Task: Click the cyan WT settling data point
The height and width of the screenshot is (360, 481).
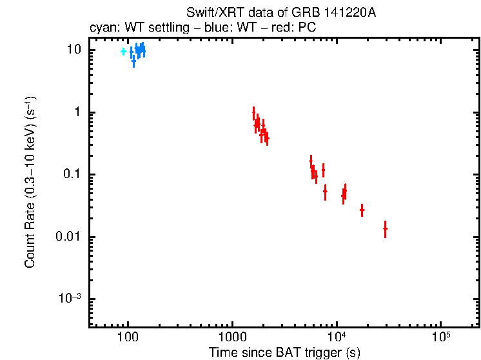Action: pyautogui.click(x=123, y=51)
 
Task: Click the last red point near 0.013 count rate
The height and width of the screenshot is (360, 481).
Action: pyautogui.click(x=385, y=228)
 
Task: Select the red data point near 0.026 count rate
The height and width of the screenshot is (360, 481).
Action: pyautogui.click(x=362, y=210)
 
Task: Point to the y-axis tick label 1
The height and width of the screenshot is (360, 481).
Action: pyautogui.click(x=79, y=112)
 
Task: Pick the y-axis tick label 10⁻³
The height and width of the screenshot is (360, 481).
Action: pyautogui.click(x=70, y=298)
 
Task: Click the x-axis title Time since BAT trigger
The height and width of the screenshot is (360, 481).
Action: pyautogui.click(x=284, y=352)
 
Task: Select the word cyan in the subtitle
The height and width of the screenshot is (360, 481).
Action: pyautogui.click(x=101, y=28)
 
